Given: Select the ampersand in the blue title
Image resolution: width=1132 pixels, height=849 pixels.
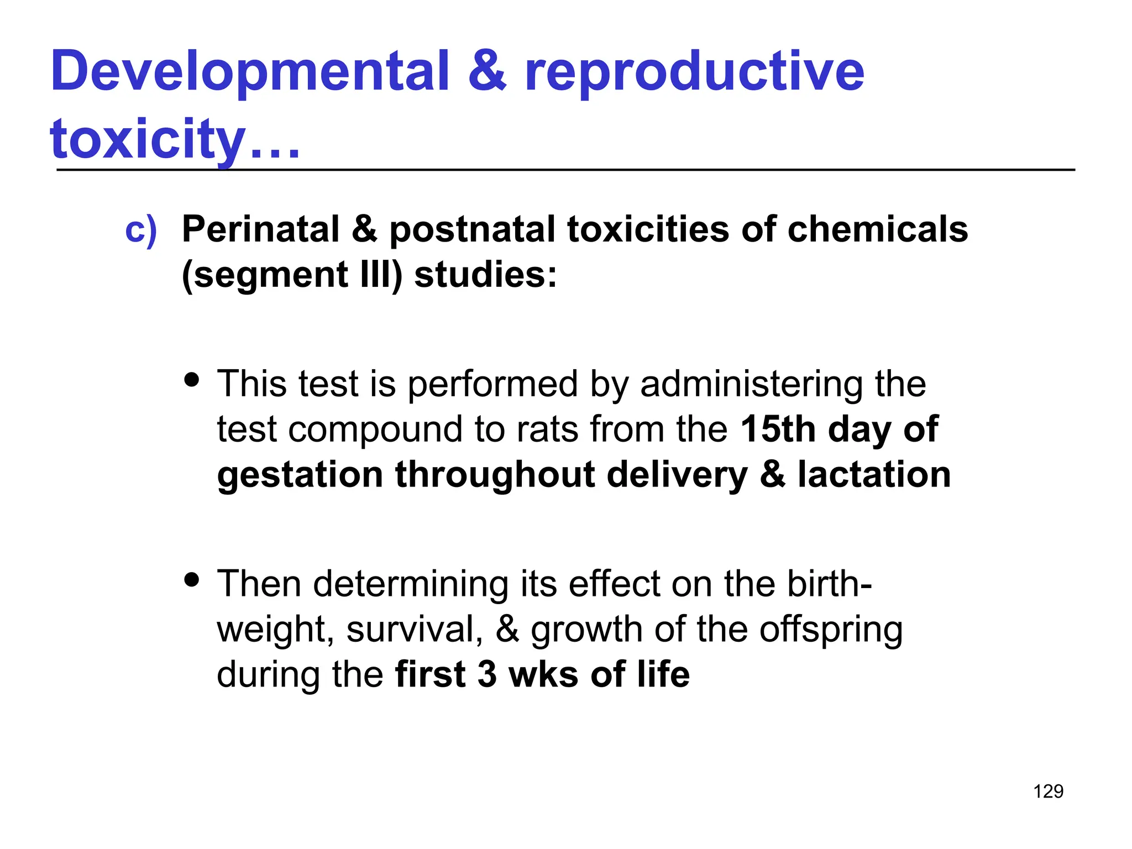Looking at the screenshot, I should pos(487,72).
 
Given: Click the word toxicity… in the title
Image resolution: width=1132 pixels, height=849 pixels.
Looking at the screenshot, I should pos(175,139).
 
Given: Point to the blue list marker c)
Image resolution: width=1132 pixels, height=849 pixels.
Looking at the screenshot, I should pos(141,230).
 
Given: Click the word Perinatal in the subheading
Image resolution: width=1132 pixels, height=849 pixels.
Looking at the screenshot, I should pos(261,229).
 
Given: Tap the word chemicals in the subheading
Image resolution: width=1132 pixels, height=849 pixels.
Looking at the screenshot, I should pos(877,229).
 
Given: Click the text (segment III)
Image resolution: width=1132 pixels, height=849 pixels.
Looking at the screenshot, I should pos(292,275).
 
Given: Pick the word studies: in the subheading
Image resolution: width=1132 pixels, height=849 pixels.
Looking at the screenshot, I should pos(485,275).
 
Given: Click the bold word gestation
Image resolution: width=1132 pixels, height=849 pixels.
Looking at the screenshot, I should pos(300,475).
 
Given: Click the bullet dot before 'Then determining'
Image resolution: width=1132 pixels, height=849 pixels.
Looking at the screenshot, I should pos(192,580).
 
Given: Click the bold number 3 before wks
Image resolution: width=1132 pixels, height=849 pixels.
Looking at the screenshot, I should pos(487,675).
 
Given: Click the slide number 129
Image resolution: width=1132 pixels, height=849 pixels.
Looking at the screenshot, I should pos(1048,792).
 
